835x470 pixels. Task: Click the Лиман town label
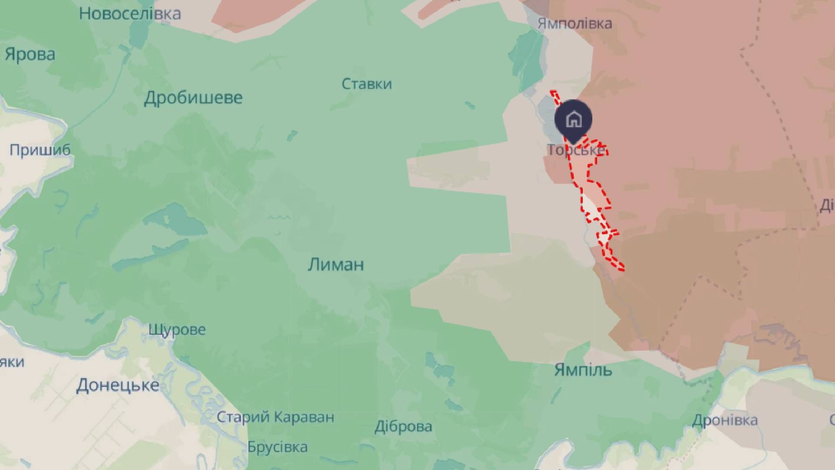[336, 265]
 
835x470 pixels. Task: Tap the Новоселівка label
[130, 14]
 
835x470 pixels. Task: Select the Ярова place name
[30, 55]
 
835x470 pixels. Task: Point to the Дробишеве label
[193, 98]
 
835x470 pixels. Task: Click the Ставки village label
[367, 84]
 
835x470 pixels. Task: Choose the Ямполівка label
[574, 23]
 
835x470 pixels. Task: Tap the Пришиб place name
[40, 150]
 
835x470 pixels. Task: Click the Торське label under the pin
[575, 150]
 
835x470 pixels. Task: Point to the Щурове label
[177, 329]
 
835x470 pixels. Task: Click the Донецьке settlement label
[117, 386]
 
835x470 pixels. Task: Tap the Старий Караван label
[275, 417]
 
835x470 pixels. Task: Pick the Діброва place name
[403, 426]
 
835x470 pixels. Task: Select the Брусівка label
[277, 447]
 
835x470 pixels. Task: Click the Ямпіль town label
[583, 370]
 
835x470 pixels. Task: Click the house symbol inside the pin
[574, 118]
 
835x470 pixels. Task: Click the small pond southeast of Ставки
[469, 105]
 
